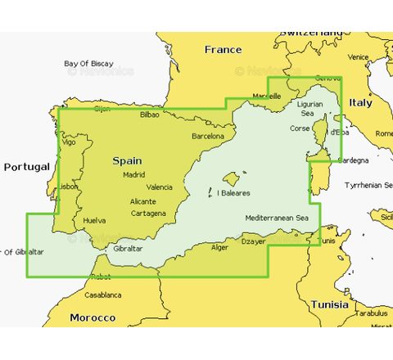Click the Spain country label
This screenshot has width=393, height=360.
(x=128, y=160)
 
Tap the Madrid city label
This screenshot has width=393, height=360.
(x=133, y=174)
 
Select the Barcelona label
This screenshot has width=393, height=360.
(x=207, y=136)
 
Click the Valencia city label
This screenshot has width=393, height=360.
(x=160, y=187)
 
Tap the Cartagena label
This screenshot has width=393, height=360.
(x=148, y=214)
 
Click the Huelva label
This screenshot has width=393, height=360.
(x=94, y=220)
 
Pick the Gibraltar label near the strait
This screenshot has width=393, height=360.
(x=129, y=248)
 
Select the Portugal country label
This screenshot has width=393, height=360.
(x=27, y=167)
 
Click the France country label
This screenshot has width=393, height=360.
(x=223, y=50)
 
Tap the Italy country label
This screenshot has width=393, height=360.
(x=360, y=103)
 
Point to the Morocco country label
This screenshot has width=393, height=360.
(x=93, y=317)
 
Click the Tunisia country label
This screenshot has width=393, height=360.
(x=329, y=304)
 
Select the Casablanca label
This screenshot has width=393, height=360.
(x=102, y=295)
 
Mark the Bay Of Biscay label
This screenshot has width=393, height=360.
(x=88, y=63)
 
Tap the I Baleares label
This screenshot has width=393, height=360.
(x=233, y=193)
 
